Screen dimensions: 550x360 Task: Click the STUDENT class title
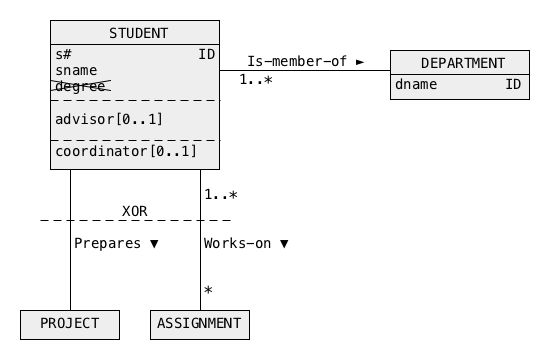click(139, 33)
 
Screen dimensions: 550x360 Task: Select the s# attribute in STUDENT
click(63, 54)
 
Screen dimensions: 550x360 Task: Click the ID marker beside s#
click(207, 54)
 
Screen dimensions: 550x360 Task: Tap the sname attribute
click(76, 71)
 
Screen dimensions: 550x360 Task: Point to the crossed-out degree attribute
click(81, 86)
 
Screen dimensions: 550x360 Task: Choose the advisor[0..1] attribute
click(109, 119)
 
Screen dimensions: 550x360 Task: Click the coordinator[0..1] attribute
click(126, 151)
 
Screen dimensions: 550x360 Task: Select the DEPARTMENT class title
click(463, 63)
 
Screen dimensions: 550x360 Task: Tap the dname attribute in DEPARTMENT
click(416, 84)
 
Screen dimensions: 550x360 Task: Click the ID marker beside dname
click(513, 84)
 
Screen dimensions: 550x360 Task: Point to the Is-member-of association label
click(297, 61)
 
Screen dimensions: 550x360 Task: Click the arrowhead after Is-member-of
click(360, 62)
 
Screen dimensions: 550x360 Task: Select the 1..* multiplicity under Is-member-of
click(256, 80)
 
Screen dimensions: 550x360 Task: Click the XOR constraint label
click(135, 211)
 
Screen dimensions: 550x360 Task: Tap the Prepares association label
click(107, 243)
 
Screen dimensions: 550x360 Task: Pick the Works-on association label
click(237, 243)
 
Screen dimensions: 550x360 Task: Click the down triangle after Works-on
click(284, 244)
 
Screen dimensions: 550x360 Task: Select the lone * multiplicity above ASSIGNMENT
click(208, 290)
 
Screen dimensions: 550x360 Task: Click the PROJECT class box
click(70, 325)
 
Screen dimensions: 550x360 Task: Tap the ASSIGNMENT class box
click(200, 325)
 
